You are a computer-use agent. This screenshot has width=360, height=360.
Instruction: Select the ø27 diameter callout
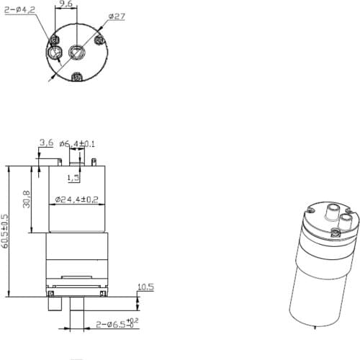pos(117,16)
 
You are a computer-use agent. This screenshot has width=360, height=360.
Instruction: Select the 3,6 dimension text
pos(47,143)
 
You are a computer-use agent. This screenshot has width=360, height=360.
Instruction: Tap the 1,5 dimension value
pos(73,177)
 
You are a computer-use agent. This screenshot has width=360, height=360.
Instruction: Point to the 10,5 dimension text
pos(146,287)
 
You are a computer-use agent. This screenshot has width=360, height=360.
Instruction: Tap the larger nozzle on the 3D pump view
pos(332,211)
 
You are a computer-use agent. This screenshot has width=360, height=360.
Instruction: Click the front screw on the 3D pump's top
pos(336,232)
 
